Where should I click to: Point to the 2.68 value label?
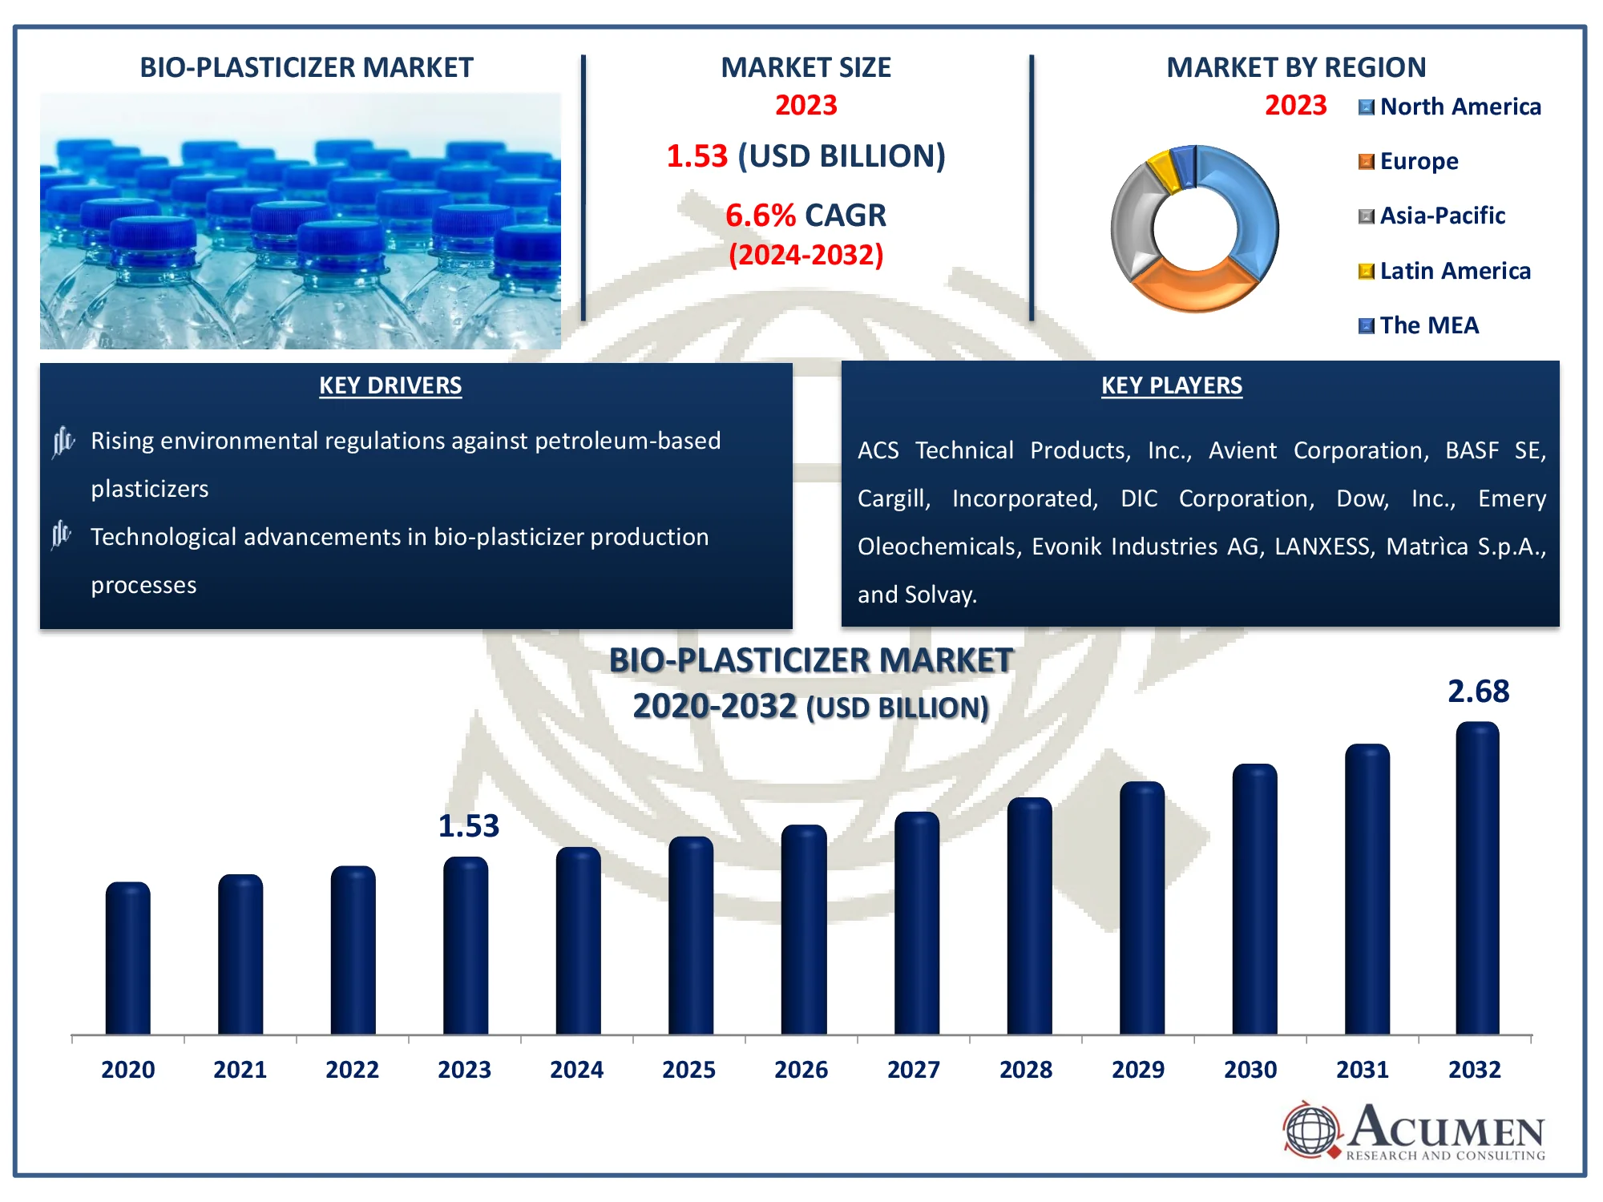(1478, 692)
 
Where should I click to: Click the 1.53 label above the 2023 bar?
(468, 826)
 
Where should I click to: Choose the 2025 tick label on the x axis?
(688, 1070)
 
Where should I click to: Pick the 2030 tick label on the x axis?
(1250, 1070)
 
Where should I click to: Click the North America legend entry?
(1450, 107)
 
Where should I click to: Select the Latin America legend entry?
(1444, 271)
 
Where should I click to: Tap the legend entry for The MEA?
(1419, 325)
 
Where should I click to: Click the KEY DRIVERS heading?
(390, 385)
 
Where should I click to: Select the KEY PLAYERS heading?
(1171, 385)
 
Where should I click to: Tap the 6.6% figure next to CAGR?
(760, 216)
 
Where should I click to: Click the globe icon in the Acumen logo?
(1311, 1130)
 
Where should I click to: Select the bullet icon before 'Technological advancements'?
(62, 534)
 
